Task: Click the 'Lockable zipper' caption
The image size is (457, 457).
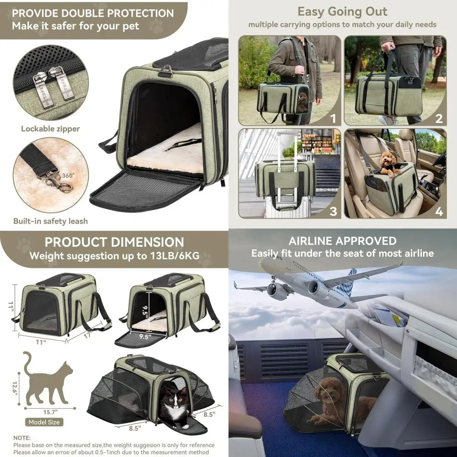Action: coord(50,128)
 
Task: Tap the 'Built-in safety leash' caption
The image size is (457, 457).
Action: coord(50,221)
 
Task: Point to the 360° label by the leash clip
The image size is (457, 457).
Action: coord(69,175)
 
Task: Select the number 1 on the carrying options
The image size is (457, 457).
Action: coord(333,119)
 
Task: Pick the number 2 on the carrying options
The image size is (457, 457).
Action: coord(439,119)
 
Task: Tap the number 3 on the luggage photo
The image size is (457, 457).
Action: coord(333,211)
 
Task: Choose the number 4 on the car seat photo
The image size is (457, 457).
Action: coord(439,212)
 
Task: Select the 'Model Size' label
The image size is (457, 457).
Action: coord(44,422)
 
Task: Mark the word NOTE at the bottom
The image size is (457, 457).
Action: coord(22,437)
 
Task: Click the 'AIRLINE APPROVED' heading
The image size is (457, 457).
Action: coord(342,241)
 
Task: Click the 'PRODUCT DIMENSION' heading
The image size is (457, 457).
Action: coord(114,242)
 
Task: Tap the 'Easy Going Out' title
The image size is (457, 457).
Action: coord(342,11)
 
